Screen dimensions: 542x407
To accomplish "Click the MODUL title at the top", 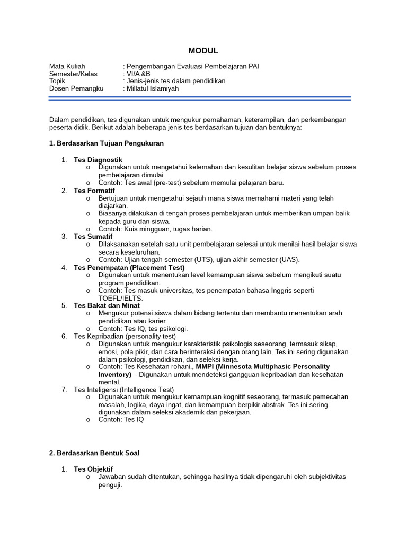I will click(x=203, y=51).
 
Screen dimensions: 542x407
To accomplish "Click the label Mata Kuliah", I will click(x=67, y=66).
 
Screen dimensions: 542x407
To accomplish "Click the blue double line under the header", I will click(x=200, y=98).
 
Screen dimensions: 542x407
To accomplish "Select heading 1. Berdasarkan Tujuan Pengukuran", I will click(x=106, y=143).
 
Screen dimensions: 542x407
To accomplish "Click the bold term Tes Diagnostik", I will click(x=98, y=159).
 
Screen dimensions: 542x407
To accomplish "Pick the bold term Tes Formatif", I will click(x=94, y=190).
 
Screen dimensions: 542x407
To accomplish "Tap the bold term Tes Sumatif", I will click(x=93, y=236).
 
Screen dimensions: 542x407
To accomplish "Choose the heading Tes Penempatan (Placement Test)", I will click(x=129, y=267).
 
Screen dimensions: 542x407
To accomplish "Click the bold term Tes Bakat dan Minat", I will click(x=107, y=305).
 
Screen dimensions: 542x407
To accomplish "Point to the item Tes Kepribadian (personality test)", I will click(x=125, y=336).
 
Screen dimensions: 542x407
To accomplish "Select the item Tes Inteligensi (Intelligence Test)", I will click(x=123, y=390).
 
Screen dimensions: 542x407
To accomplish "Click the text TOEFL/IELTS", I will click(x=120, y=298).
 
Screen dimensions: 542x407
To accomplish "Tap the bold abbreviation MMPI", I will click(x=205, y=366).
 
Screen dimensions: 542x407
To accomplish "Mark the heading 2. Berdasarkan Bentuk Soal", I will click(x=94, y=453).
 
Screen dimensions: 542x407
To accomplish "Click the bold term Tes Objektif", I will click(x=93, y=469).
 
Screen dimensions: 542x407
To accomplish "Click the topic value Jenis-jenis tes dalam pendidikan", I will click(x=175, y=81).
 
